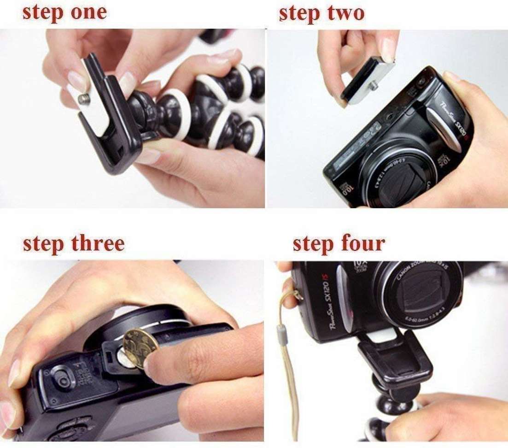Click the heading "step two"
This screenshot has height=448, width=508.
321,13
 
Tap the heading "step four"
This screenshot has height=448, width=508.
339,243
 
